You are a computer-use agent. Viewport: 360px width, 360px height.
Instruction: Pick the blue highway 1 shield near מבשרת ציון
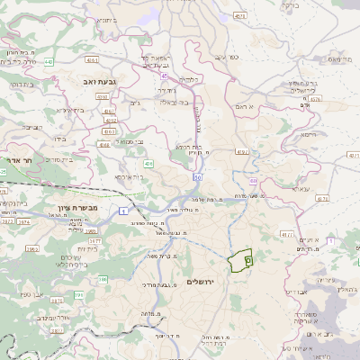(x=122, y=211)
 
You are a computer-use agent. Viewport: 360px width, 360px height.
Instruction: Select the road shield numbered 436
(x=149, y=163)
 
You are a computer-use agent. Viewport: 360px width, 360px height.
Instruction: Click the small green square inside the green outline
(x=248, y=259)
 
